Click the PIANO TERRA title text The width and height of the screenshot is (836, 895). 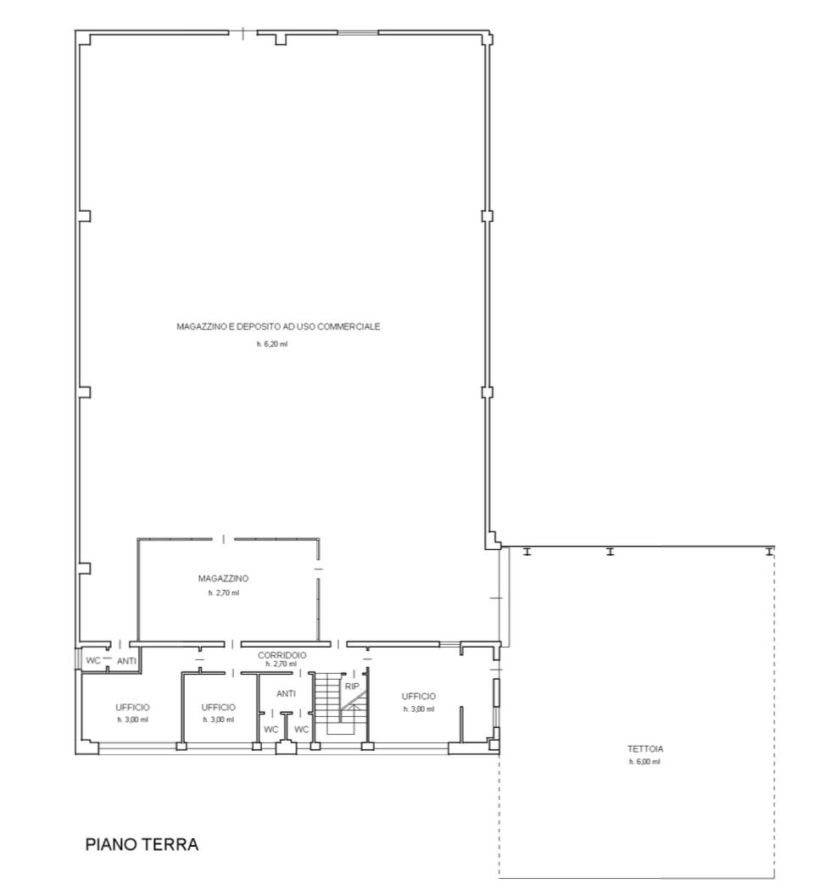(142, 844)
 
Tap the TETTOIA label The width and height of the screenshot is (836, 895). (644, 749)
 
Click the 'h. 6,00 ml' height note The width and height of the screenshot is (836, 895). (644, 761)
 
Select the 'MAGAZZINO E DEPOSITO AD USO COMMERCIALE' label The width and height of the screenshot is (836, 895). (278, 326)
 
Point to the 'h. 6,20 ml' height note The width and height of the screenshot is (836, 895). (272, 344)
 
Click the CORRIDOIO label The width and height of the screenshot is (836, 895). (282, 655)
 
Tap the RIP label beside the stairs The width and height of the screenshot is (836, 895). (352, 687)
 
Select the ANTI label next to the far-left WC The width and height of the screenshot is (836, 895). (127, 661)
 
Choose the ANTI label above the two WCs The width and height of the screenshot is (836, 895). (286, 693)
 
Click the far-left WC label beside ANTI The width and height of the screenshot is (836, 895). (93, 660)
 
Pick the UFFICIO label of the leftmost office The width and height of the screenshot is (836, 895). (132, 707)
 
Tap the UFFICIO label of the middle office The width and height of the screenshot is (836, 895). (218, 707)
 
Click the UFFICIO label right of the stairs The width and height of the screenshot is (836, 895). (419, 697)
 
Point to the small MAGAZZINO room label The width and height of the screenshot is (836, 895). (223, 578)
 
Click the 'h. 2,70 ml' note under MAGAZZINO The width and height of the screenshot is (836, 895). (224, 593)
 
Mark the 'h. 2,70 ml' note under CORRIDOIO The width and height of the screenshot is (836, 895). (281, 664)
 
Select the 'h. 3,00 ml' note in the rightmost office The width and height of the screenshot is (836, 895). (419, 709)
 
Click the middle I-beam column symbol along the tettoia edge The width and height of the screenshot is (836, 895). (610, 552)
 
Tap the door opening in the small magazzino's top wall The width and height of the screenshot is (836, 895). (223, 539)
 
